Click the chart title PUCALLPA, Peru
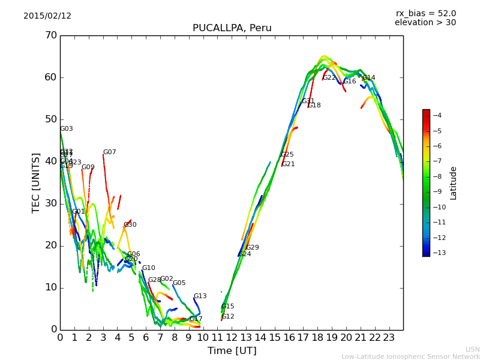(232, 28)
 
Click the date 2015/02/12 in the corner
(47, 16)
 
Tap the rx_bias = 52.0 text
(425, 14)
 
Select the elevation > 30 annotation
(425, 23)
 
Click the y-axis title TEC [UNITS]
(36, 182)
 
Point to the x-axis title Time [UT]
(232, 350)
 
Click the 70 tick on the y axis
(50, 35)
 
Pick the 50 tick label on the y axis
(50, 119)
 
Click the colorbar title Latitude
(454, 182)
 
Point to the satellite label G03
(66, 129)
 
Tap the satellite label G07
(109, 152)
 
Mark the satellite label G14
(368, 78)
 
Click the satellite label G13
(200, 296)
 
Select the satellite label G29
(253, 248)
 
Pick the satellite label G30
(130, 225)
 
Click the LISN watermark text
(472, 349)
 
